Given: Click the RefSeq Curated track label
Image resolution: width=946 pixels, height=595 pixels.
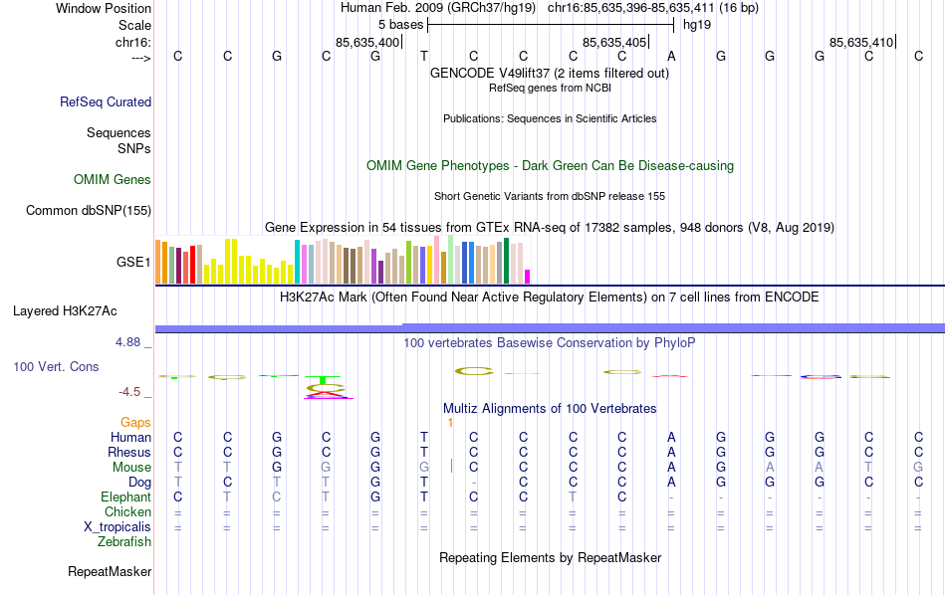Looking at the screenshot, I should point(106,101).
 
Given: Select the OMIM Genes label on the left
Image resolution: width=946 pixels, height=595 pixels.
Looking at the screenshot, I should point(113,180).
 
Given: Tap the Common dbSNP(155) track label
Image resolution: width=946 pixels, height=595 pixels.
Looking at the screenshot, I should point(89,210).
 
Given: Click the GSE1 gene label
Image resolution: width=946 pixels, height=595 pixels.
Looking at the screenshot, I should point(133,263).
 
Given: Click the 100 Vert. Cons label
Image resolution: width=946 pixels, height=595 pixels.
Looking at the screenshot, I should point(56,367).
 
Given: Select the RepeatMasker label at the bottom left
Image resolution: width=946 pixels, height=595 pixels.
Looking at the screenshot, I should point(110,572).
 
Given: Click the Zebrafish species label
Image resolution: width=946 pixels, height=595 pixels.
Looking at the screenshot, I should point(124,542).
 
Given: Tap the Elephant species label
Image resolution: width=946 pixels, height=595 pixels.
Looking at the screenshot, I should point(125,497).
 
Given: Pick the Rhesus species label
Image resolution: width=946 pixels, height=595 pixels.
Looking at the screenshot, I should point(129,453).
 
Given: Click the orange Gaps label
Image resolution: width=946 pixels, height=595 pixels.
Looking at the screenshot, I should point(135,423).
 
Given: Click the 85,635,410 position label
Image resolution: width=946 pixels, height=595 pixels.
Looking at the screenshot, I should point(861,42).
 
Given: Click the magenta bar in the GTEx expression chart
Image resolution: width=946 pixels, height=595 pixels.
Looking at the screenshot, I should point(528,277).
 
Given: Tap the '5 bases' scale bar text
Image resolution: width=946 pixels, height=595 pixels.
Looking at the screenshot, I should point(400,24).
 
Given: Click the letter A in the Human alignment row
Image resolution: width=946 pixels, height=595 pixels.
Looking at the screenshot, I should point(672,438).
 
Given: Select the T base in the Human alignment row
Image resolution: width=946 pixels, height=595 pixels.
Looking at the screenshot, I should point(424,438).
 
